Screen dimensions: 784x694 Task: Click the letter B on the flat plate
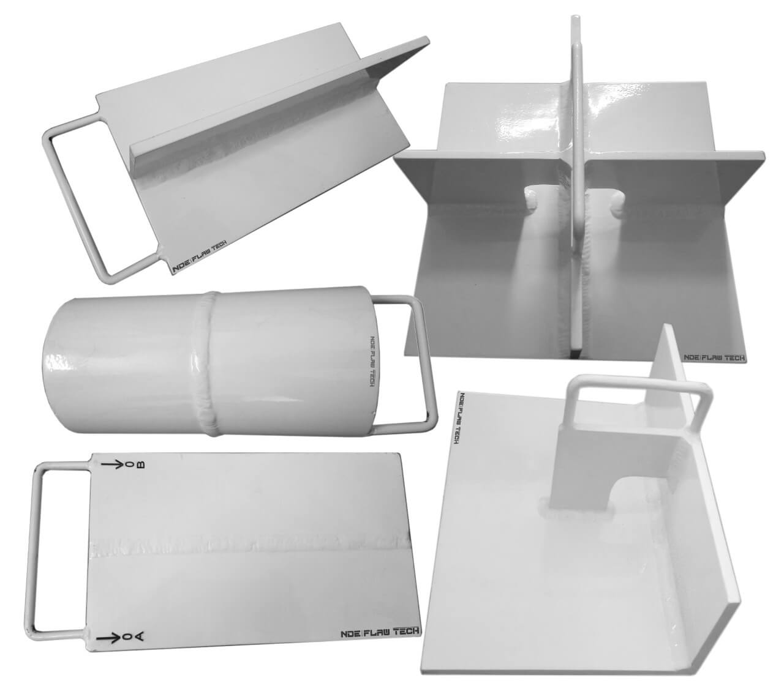pyautogui.click(x=141, y=465)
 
